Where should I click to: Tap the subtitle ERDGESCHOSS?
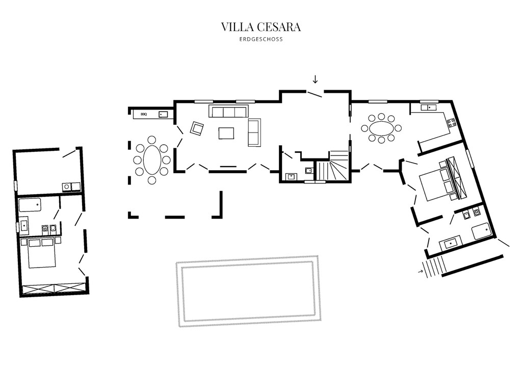pos(261,39)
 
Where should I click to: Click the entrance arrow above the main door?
pos(315,79)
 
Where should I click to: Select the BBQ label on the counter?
pos(144,114)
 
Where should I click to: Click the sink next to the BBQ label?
pos(163,114)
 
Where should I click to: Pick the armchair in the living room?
pos(197,128)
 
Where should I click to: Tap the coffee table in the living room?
pos(227,133)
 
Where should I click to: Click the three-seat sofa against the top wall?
pos(228,111)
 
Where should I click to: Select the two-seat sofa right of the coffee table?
pos(254,132)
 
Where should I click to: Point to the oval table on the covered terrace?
pos(151,159)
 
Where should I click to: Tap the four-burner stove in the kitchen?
pos(451,122)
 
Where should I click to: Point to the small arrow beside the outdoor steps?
pos(421,271)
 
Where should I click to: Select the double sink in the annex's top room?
pos(71,187)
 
